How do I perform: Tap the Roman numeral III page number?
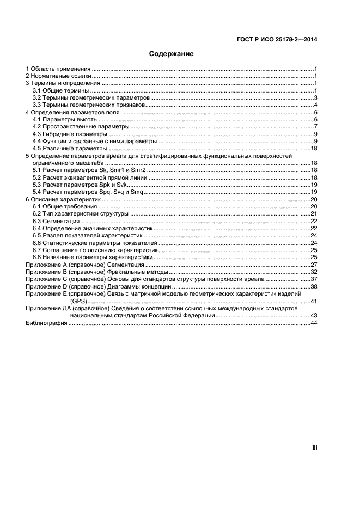tap(314, 447)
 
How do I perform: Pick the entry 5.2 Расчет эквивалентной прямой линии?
tap(90, 177)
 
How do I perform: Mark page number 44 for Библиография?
tap(314, 323)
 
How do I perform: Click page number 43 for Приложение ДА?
tap(314, 316)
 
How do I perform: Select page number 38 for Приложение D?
tap(314, 286)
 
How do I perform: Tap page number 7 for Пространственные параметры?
tap(315, 126)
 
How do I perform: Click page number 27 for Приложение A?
tap(314, 265)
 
